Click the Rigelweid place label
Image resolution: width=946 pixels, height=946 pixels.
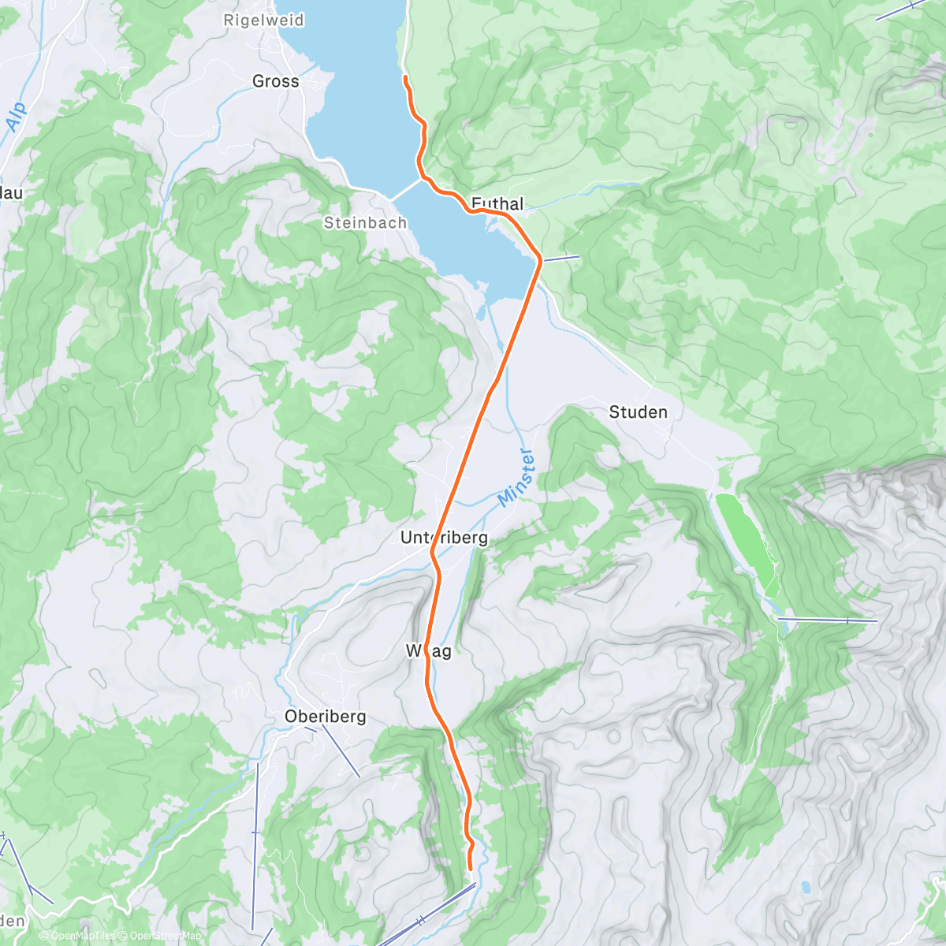coord(263,20)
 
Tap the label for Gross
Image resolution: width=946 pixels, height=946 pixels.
coord(275,81)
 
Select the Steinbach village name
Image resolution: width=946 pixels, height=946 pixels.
coord(365,223)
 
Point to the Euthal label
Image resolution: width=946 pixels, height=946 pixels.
coord(497,203)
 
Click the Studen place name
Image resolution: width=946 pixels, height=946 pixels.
coord(638,412)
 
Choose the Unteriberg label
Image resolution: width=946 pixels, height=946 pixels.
coord(444,538)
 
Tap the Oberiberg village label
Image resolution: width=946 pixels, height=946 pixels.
coord(325,717)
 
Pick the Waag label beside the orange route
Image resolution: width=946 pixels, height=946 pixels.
coord(429,651)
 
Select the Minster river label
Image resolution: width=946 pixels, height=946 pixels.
coord(517,476)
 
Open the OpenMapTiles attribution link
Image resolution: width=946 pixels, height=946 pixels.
coord(77,936)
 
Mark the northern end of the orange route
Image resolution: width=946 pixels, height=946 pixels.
coord(404,77)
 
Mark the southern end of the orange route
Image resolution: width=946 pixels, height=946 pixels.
coord(470,869)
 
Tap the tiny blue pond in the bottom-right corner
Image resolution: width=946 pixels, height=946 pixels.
coord(805,887)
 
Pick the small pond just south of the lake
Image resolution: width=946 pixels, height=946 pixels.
coord(481,313)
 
